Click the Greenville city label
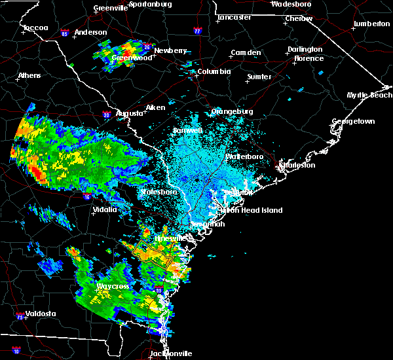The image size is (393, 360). point(109,8)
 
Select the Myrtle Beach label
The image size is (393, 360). point(369,95)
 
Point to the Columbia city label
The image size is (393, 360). point(214,71)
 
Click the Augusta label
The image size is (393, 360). point(130,113)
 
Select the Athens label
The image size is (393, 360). point(29,75)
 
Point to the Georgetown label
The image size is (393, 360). point(353,122)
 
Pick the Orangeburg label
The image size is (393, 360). point(232,111)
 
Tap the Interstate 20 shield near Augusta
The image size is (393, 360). point(107,115)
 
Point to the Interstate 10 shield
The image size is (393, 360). point(16,351)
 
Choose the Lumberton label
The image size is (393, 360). point(371,24)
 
